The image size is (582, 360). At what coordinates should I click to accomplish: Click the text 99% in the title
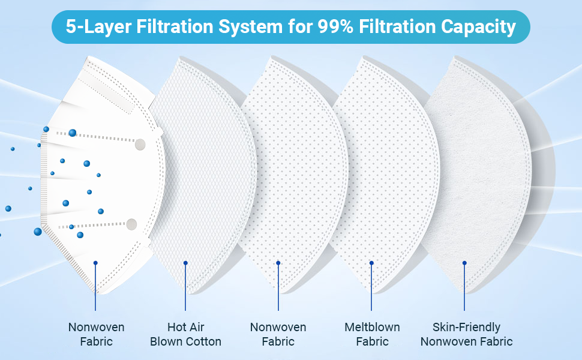tap(335, 27)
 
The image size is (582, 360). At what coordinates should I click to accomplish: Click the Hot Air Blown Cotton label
tap(185, 334)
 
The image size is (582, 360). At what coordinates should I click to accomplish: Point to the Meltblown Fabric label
tap(372, 334)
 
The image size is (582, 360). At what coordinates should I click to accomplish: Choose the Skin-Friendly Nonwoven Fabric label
tap(467, 334)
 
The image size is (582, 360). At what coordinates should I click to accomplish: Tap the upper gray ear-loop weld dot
tap(140, 144)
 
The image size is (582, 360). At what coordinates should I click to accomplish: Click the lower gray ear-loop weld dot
tap(132, 224)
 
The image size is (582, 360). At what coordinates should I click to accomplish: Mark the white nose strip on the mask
tap(107, 92)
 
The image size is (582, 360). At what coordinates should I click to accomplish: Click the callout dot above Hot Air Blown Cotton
tap(185, 263)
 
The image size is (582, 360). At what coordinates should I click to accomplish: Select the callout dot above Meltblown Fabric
tap(371, 263)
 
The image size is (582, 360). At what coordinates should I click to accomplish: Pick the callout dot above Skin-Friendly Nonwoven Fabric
tap(464, 263)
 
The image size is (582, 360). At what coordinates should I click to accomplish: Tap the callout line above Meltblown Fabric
tap(371, 287)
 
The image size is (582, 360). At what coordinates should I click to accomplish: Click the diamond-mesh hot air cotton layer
tap(203, 175)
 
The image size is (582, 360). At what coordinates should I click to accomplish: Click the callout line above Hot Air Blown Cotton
tap(185, 287)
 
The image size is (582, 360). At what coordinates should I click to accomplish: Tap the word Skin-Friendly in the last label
tap(467, 327)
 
